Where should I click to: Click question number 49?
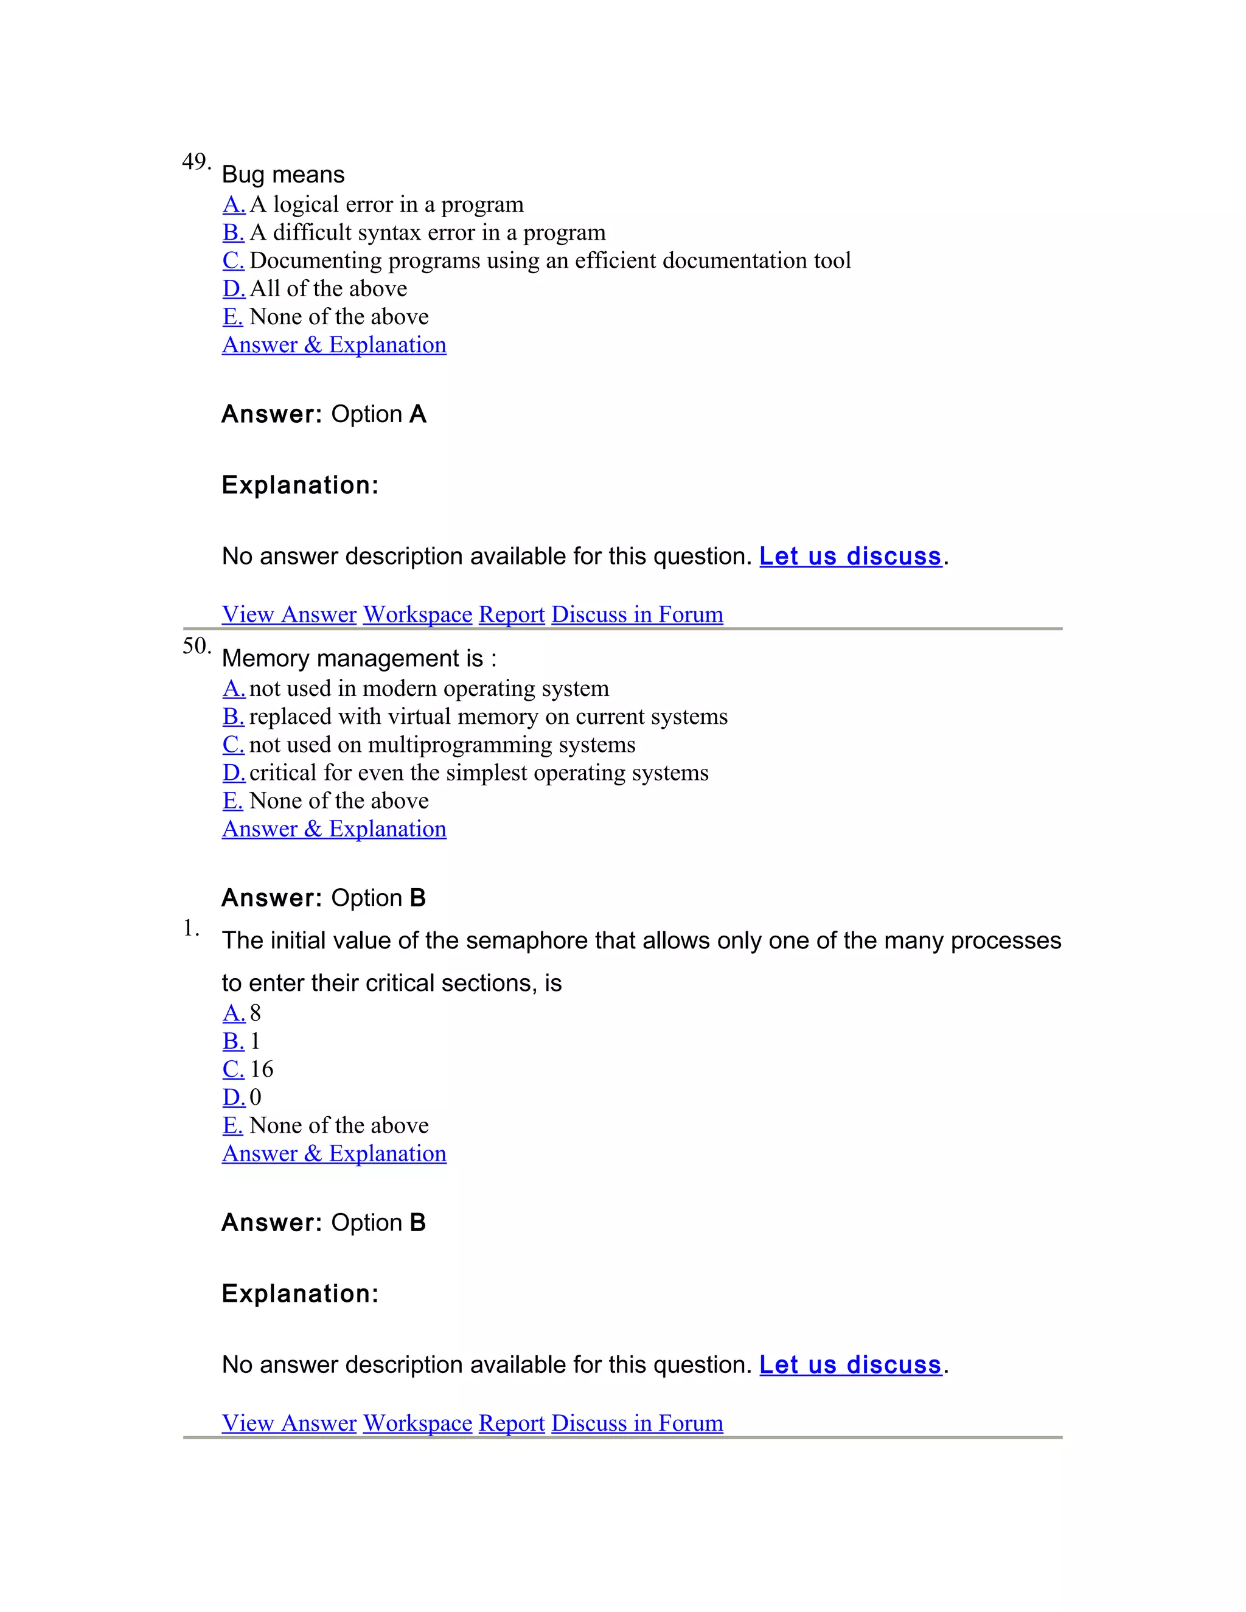(x=196, y=162)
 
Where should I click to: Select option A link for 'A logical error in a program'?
(x=233, y=204)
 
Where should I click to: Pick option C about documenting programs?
(x=233, y=260)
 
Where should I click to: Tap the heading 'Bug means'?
(x=283, y=175)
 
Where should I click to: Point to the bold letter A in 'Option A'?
(x=418, y=414)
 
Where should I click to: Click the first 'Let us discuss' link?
(x=851, y=556)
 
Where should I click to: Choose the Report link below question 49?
(x=512, y=614)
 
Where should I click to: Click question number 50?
(x=196, y=646)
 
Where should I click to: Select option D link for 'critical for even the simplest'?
(x=233, y=773)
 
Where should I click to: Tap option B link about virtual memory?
(x=233, y=717)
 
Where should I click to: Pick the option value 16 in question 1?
(x=261, y=1069)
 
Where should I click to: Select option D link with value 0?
(x=233, y=1097)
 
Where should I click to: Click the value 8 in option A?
(x=256, y=1013)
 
